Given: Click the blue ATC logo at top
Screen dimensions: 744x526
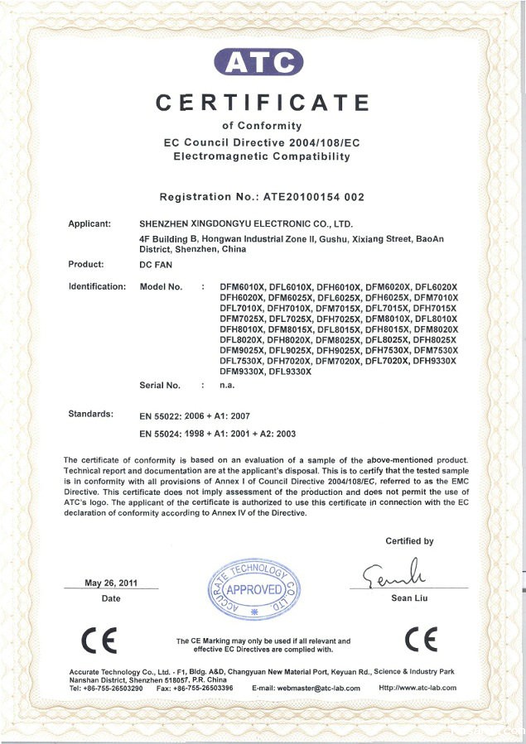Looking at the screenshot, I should point(258,61).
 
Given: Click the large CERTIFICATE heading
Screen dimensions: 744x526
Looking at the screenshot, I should point(263,103).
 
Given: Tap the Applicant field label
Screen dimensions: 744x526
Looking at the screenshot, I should point(89,223).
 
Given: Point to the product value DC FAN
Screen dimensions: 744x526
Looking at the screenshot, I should point(155,265).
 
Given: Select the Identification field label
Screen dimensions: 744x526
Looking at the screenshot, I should point(97,286).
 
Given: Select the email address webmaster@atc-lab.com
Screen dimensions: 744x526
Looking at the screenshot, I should point(309,688).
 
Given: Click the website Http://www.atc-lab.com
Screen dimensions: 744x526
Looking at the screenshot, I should point(417,688).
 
